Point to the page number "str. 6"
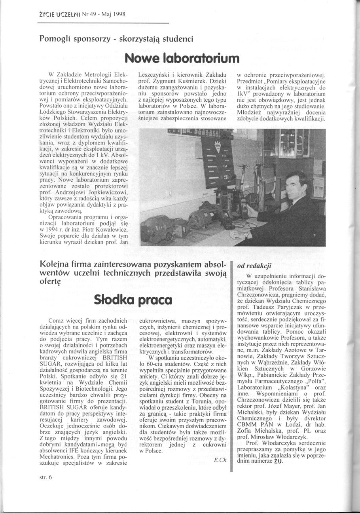(46, 477)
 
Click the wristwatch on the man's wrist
(246, 234)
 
